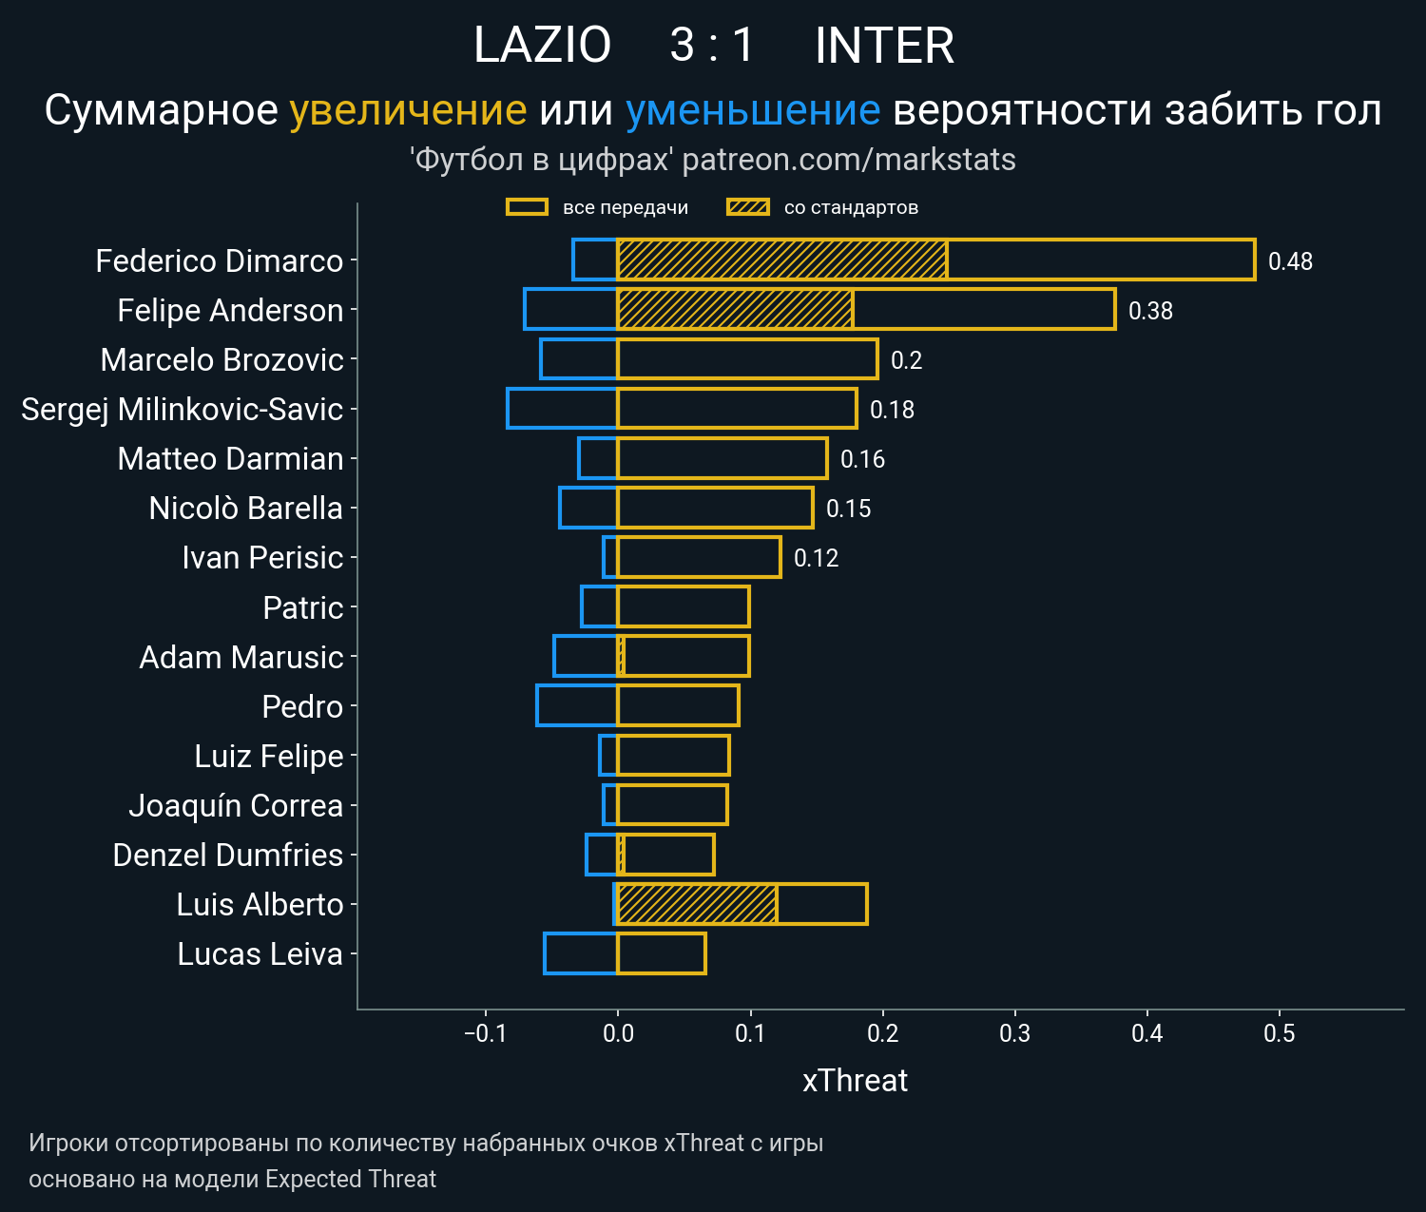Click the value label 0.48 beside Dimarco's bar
[x=1290, y=261]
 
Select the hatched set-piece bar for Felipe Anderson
[x=735, y=310]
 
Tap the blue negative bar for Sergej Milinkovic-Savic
[x=562, y=409]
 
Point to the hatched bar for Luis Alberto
[x=697, y=904]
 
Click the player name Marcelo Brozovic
[x=222, y=360]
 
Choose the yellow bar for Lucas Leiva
[x=662, y=953]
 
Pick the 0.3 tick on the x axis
[x=1014, y=1033]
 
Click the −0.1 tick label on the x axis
[x=485, y=1033]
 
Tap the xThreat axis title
[x=855, y=1081]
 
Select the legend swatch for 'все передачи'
[x=527, y=207]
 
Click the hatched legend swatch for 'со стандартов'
[x=748, y=207]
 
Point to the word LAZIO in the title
[x=542, y=46]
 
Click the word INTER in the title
[x=884, y=46]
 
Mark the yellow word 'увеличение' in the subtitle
[x=408, y=110]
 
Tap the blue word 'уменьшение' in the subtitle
[x=753, y=110]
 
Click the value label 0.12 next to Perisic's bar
[x=816, y=558]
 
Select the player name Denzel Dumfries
[x=227, y=855]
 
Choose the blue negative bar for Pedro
[x=577, y=705]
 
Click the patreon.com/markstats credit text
[x=849, y=160]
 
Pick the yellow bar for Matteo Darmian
[x=723, y=458]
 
